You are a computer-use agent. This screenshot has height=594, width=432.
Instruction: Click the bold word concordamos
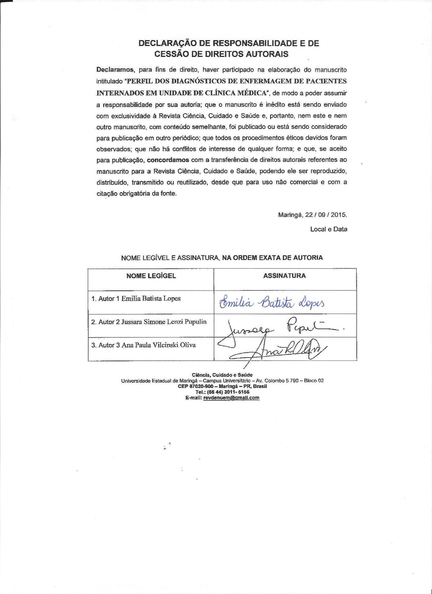[x=168, y=160]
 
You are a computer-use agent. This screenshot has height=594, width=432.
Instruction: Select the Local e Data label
[x=329, y=229]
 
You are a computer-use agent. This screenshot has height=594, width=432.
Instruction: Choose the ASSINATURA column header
[x=285, y=275]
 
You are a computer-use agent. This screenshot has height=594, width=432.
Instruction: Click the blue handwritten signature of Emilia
[x=272, y=304]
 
